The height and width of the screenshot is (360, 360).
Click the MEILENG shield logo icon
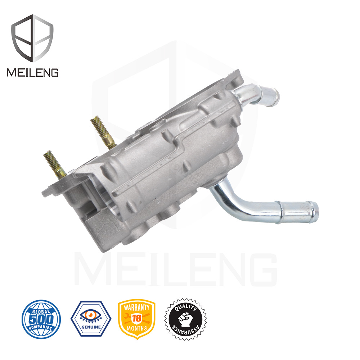point(32,38)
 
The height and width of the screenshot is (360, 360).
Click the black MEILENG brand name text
point(32,72)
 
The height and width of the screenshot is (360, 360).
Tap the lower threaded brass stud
point(55,164)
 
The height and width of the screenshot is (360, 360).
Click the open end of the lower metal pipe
point(315,212)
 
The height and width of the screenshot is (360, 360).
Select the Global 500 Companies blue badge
point(41,319)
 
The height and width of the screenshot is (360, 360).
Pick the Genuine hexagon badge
point(91,319)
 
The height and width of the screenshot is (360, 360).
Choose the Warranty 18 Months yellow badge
point(136,319)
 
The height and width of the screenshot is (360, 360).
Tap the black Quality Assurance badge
point(185,319)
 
